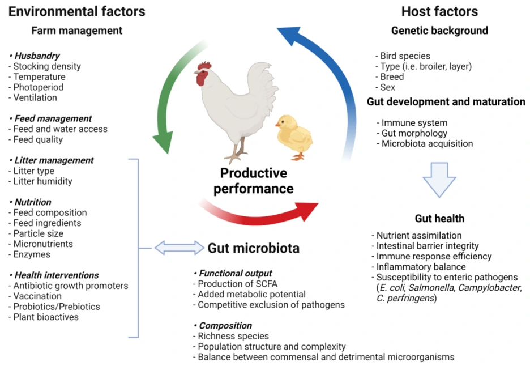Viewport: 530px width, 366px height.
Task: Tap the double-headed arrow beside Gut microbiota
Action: [179, 247]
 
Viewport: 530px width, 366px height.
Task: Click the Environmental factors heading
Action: [77, 11]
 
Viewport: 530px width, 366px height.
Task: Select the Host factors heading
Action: [439, 11]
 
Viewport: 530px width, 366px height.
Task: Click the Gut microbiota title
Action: [253, 248]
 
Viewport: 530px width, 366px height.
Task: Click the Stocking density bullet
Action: [45, 66]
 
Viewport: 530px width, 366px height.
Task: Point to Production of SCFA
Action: [238, 284]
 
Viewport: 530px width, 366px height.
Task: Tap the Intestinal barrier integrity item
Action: [425, 246]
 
